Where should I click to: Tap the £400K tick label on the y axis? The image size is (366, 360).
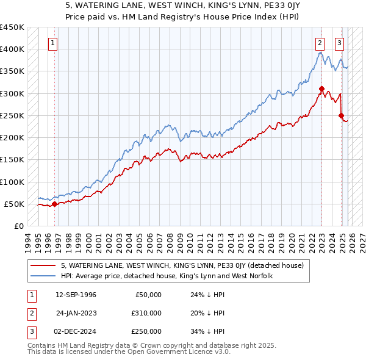point(13,49)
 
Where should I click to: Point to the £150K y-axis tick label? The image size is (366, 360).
point(13,160)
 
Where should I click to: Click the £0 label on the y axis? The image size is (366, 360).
point(19,226)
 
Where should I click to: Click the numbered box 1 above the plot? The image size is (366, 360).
point(54,43)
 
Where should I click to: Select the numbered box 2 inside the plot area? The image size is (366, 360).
point(320,43)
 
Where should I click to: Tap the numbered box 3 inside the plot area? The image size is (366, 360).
point(339,43)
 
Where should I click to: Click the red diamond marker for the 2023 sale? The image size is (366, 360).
point(321,89)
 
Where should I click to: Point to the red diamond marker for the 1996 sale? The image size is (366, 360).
point(54,204)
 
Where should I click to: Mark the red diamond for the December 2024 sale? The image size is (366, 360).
point(342,115)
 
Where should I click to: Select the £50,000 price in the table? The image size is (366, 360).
point(148,295)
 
